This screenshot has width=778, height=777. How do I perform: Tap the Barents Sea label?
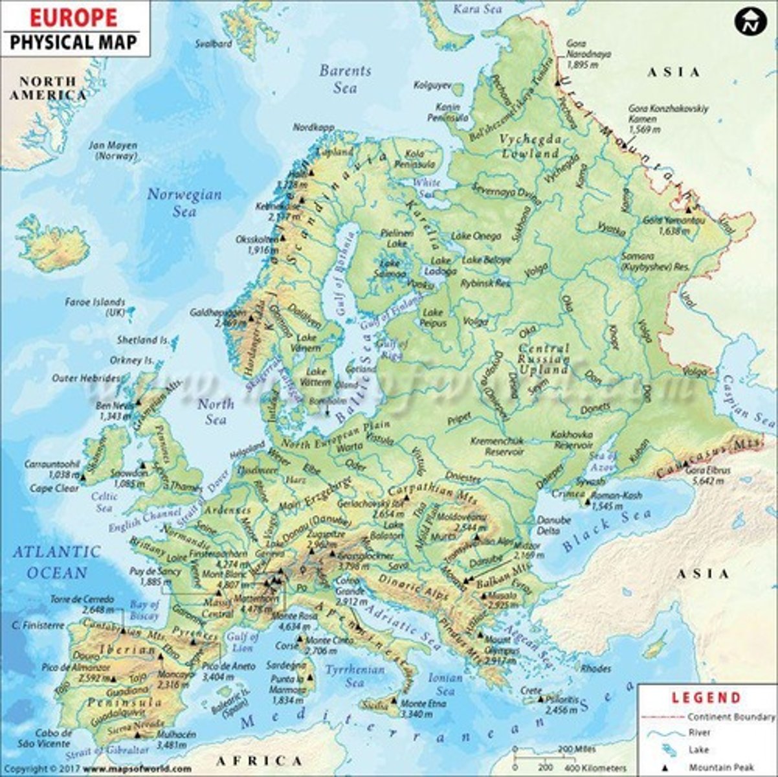pyautogui.click(x=345, y=79)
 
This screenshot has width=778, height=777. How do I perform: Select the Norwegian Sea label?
pyautogui.click(x=184, y=202)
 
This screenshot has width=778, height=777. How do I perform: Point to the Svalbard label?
pyautogui.click(x=214, y=44)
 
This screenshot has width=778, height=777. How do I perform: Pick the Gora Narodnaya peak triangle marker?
pyautogui.click(x=557, y=82)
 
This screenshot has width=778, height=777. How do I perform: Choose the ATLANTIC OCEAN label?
pyautogui.click(x=57, y=562)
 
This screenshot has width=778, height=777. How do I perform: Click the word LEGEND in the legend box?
pyautogui.click(x=706, y=697)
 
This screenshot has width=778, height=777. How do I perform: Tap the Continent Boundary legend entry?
pyautogui.click(x=730, y=717)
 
